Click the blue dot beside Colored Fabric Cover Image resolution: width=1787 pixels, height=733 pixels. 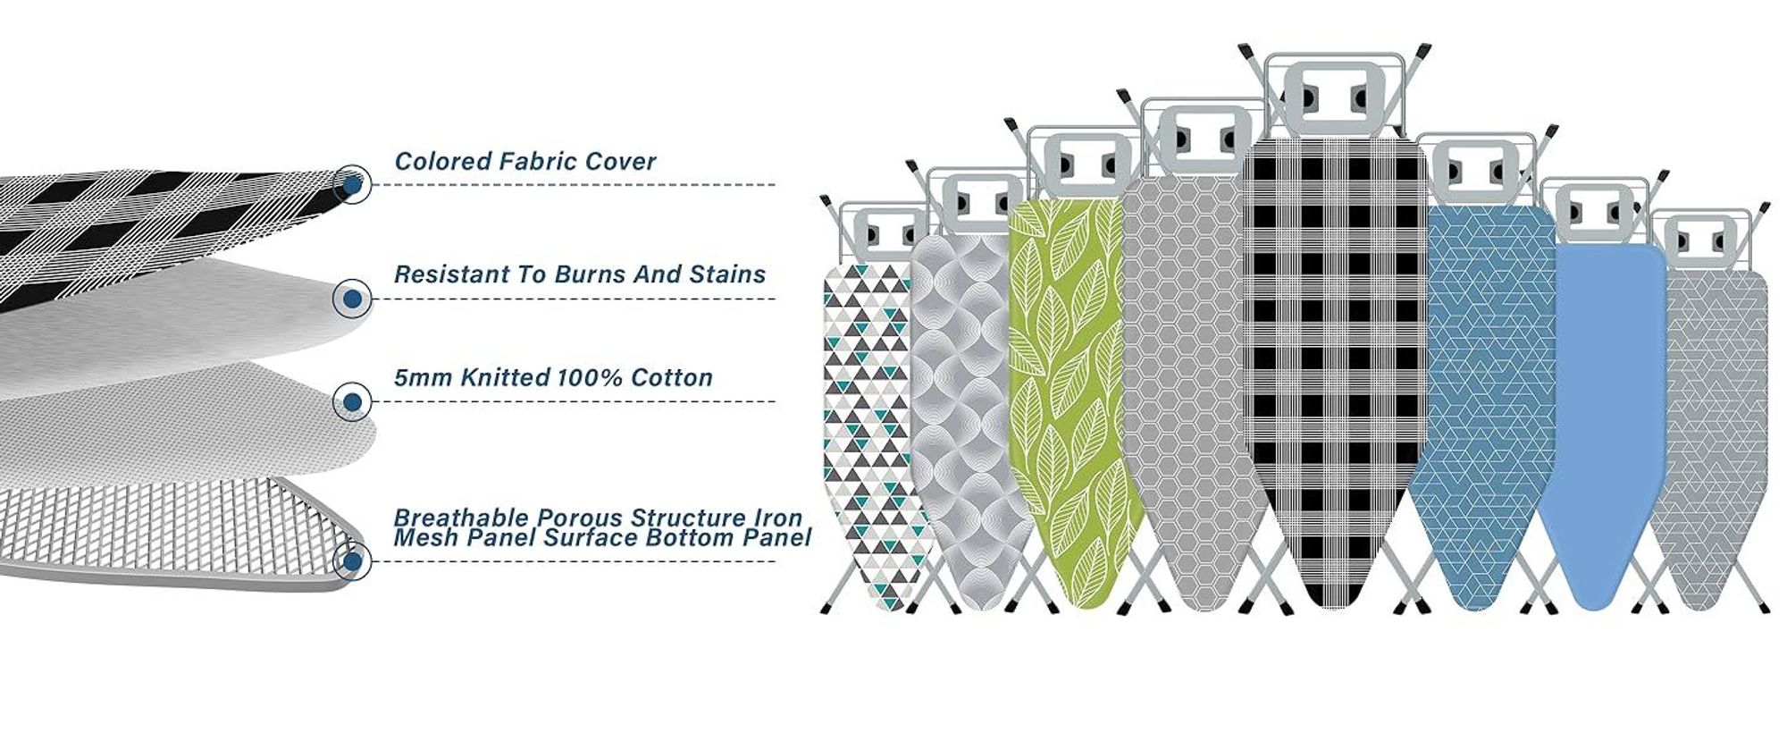[352, 185]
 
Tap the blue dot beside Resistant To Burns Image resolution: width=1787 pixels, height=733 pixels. [352, 299]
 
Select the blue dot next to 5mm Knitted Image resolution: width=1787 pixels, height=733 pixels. [352, 402]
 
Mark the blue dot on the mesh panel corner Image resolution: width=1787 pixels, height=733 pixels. [352, 561]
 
